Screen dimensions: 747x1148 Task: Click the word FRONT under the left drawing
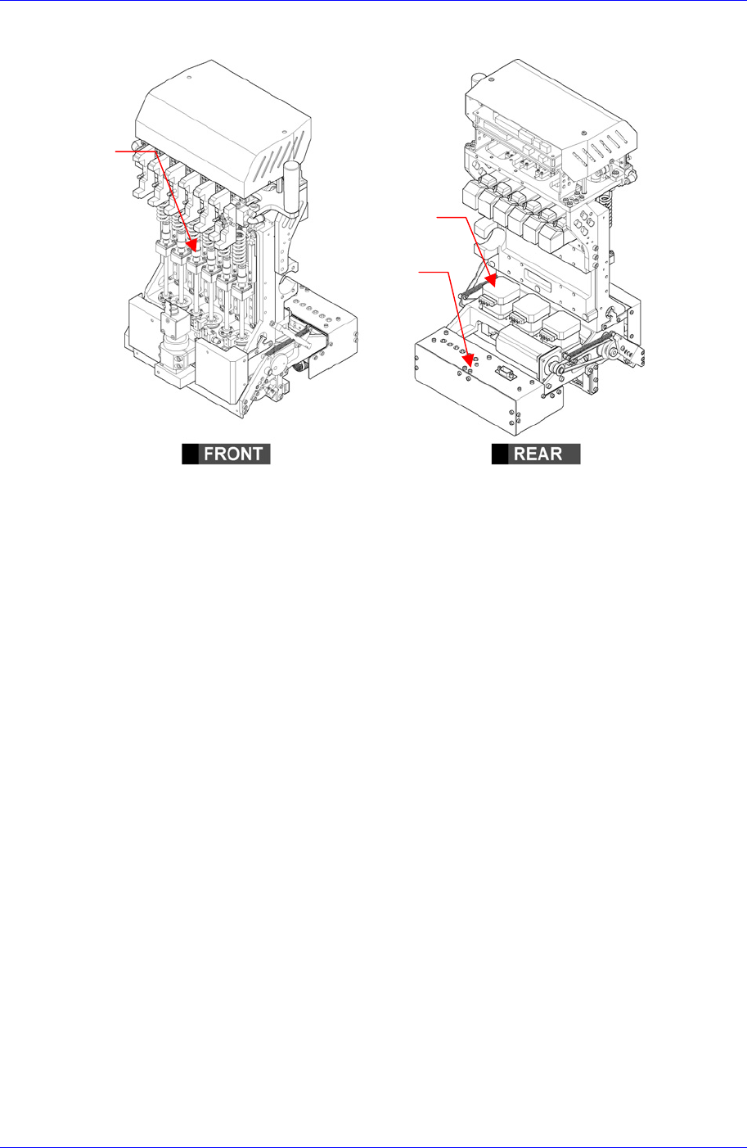tap(233, 454)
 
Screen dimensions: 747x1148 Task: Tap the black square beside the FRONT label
tap(190, 454)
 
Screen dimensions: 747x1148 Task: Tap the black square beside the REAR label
tap(499, 454)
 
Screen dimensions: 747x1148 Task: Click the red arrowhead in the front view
tap(192, 244)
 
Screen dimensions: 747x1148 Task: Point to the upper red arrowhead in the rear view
tap(491, 281)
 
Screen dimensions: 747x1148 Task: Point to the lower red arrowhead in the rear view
tap(469, 360)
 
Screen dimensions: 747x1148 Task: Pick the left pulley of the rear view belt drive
tap(559, 367)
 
